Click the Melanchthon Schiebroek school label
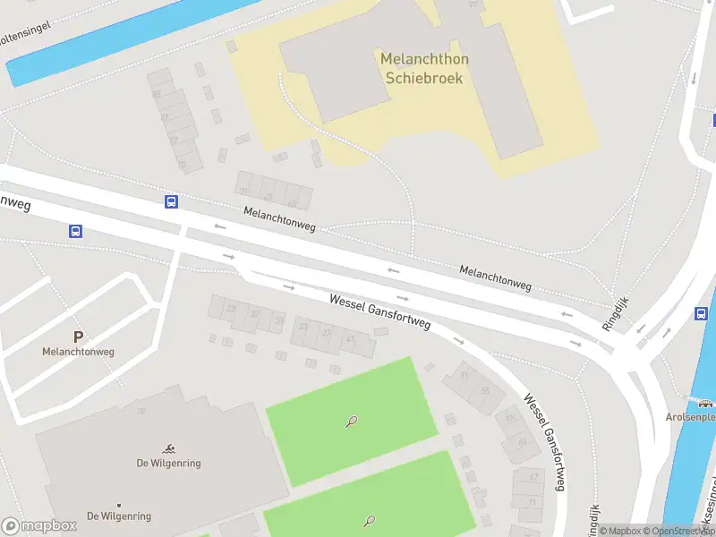(424, 68)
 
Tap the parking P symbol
(78, 337)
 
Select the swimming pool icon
(169, 447)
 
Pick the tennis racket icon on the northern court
(352, 422)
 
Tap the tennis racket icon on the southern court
(369, 521)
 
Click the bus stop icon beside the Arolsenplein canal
(702, 313)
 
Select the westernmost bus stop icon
(76, 231)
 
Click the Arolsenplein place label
(691, 417)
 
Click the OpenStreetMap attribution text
(677, 531)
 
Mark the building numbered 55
(485, 390)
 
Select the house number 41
(350, 338)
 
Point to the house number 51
(464, 376)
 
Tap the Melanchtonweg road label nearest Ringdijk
(495, 277)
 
